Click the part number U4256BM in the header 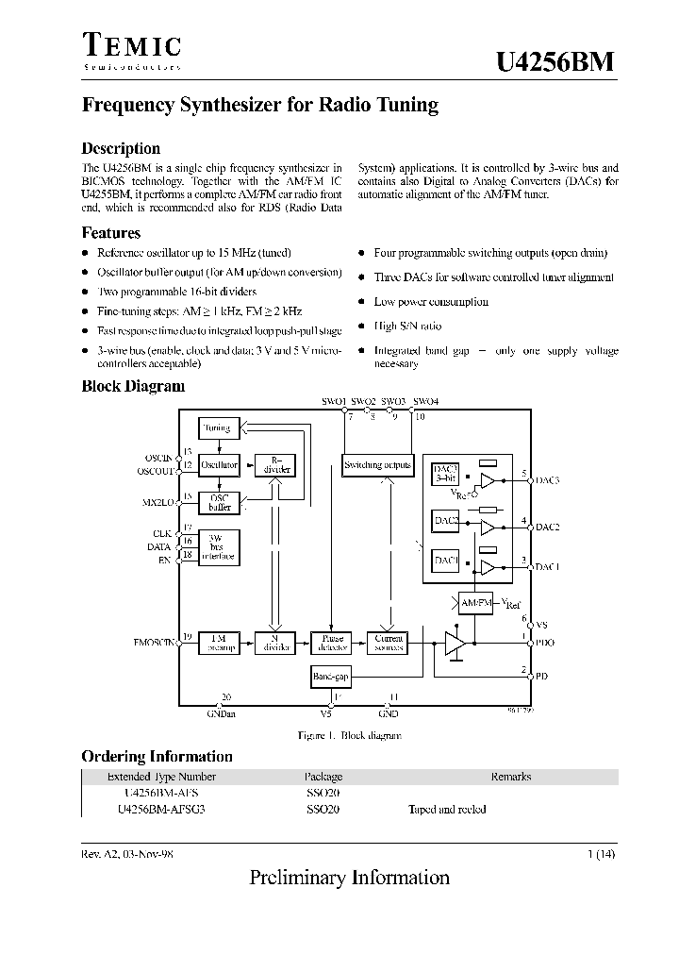(x=555, y=61)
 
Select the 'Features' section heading (x=111, y=233)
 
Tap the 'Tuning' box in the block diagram (x=218, y=428)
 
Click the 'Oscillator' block (x=219, y=465)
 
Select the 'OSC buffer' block (x=219, y=502)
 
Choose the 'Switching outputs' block (x=377, y=464)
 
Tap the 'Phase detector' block (x=331, y=644)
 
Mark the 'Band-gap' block (x=330, y=677)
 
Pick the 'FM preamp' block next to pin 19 (x=219, y=644)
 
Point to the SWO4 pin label (x=425, y=401)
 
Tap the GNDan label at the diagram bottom (x=223, y=714)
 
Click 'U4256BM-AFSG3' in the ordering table (x=161, y=810)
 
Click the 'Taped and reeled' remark (x=447, y=810)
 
